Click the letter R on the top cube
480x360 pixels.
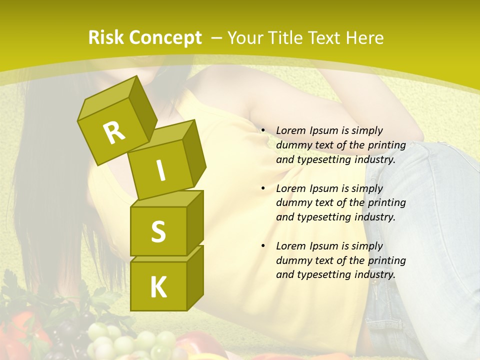point(114,133)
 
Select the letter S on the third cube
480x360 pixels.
point(158,231)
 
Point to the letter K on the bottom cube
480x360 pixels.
point(158,287)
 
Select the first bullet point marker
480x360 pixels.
point(263,130)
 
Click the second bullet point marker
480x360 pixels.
point(263,188)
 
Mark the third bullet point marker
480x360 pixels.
point(263,246)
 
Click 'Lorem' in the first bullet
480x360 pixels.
point(291,130)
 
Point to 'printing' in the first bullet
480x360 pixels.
point(387,145)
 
